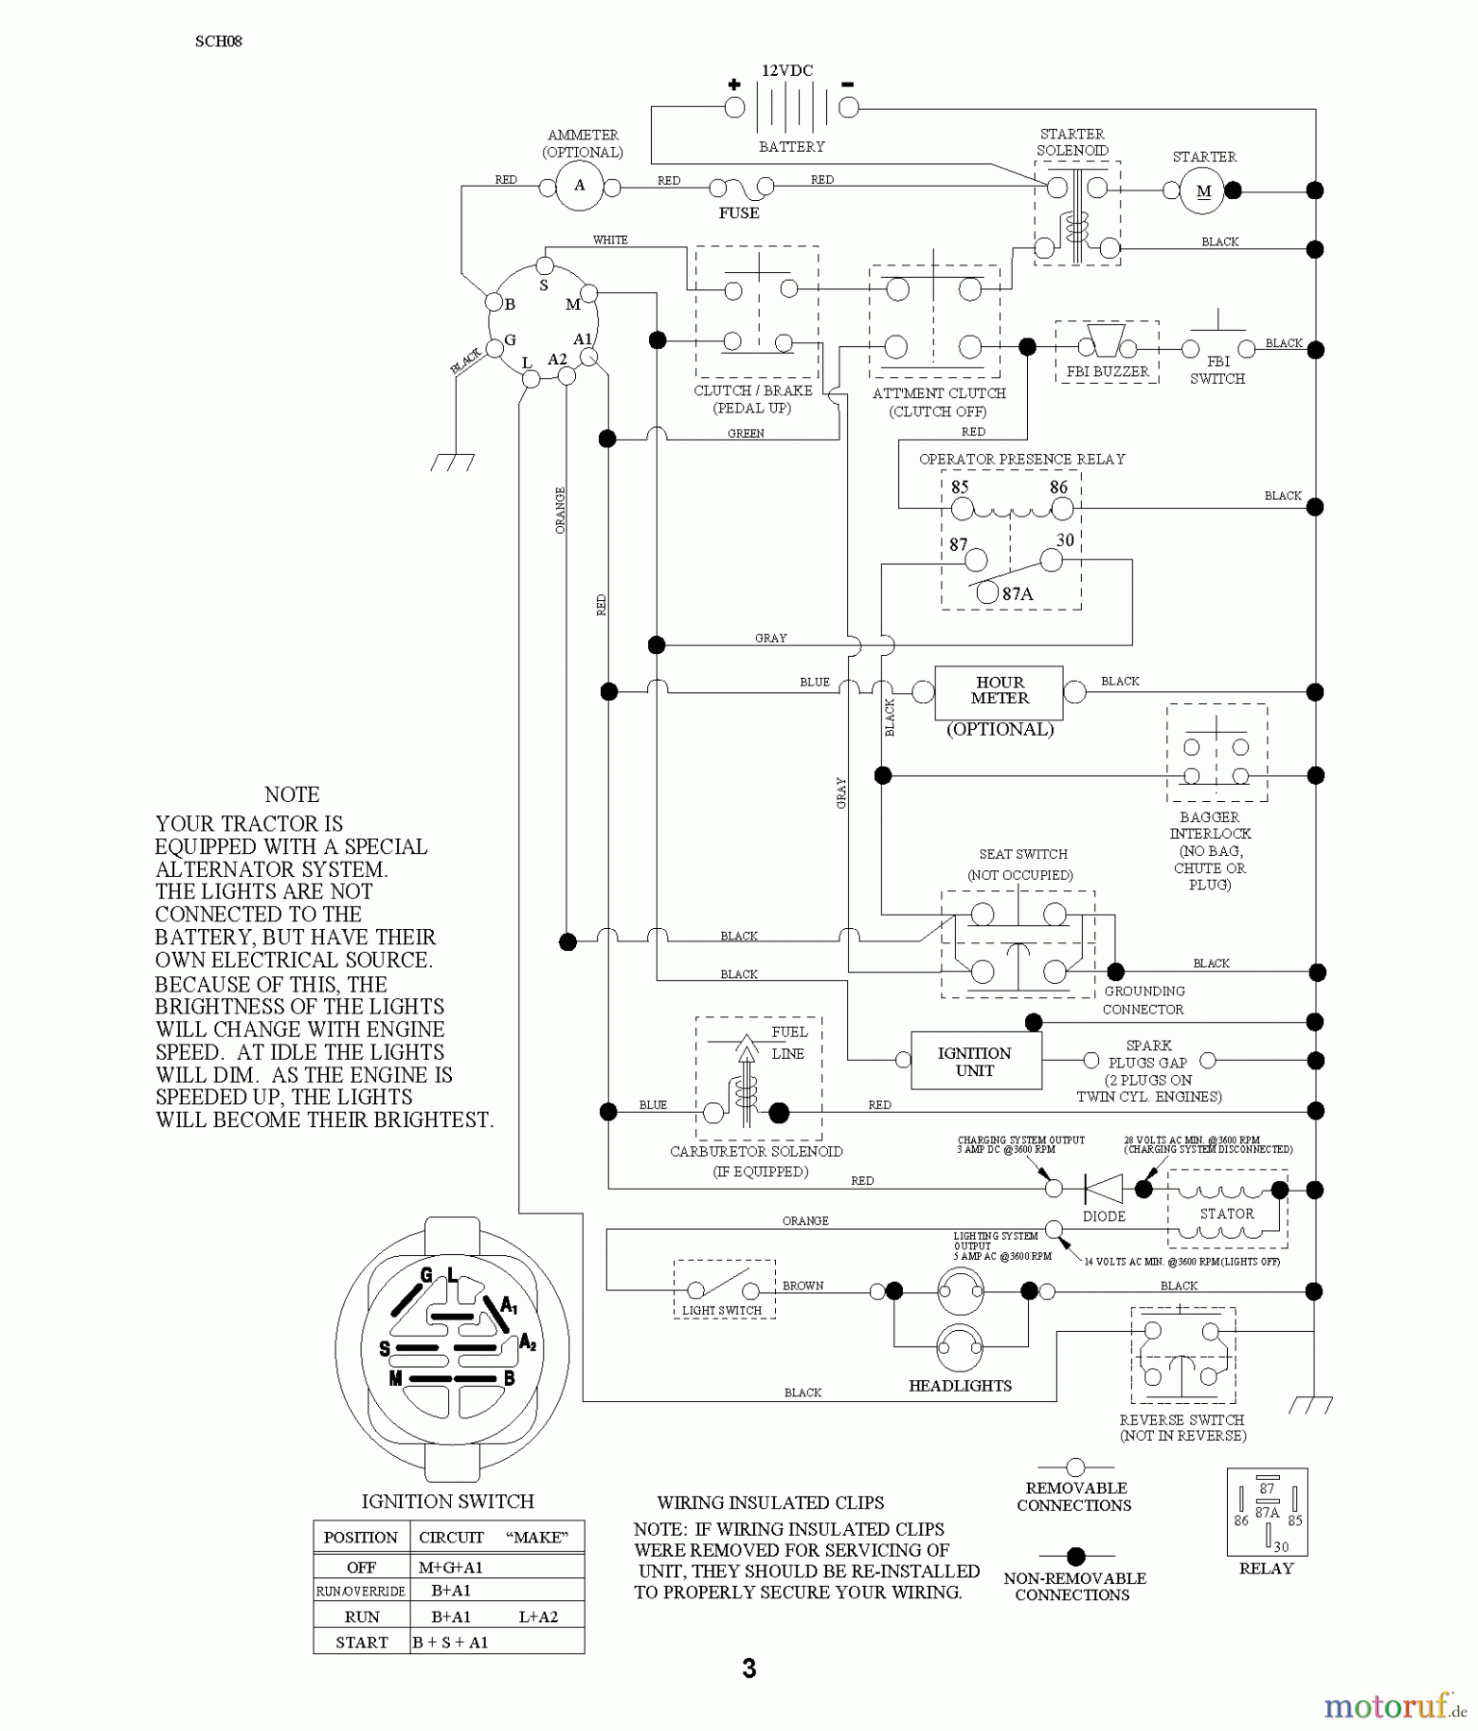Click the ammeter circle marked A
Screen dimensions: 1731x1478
(x=579, y=186)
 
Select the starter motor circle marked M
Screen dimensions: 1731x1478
(x=1203, y=190)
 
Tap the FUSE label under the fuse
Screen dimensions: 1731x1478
(x=739, y=213)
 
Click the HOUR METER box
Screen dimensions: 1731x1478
(x=999, y=691)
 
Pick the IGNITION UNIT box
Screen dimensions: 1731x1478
(x=975, y=1062)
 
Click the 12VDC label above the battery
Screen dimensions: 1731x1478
(x=787, y=71)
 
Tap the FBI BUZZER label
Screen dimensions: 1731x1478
(x=1107, y=371)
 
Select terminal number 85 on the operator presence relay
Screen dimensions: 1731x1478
(x=960, y=488)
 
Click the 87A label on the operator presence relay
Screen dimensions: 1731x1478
(x=1017, y=594)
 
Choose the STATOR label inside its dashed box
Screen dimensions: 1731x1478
(x=1226, y=1214)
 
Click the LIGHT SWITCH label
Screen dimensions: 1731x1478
(x=722, y=1310)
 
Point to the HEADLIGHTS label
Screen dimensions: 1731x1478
(x=960, y=1386)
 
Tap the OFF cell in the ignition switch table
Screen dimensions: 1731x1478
(x=362, y=1567)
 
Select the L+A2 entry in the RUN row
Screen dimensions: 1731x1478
(x=538, y=1617)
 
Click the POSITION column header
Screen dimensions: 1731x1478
(x=361, y=1537)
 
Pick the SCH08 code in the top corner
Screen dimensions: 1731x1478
(x=218, y=41)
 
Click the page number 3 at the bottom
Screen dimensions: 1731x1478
(x=749, y=1668)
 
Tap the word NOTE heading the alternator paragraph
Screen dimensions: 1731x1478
(x=291, y=795)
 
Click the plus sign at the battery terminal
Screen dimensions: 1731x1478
(x=734, y=85)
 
